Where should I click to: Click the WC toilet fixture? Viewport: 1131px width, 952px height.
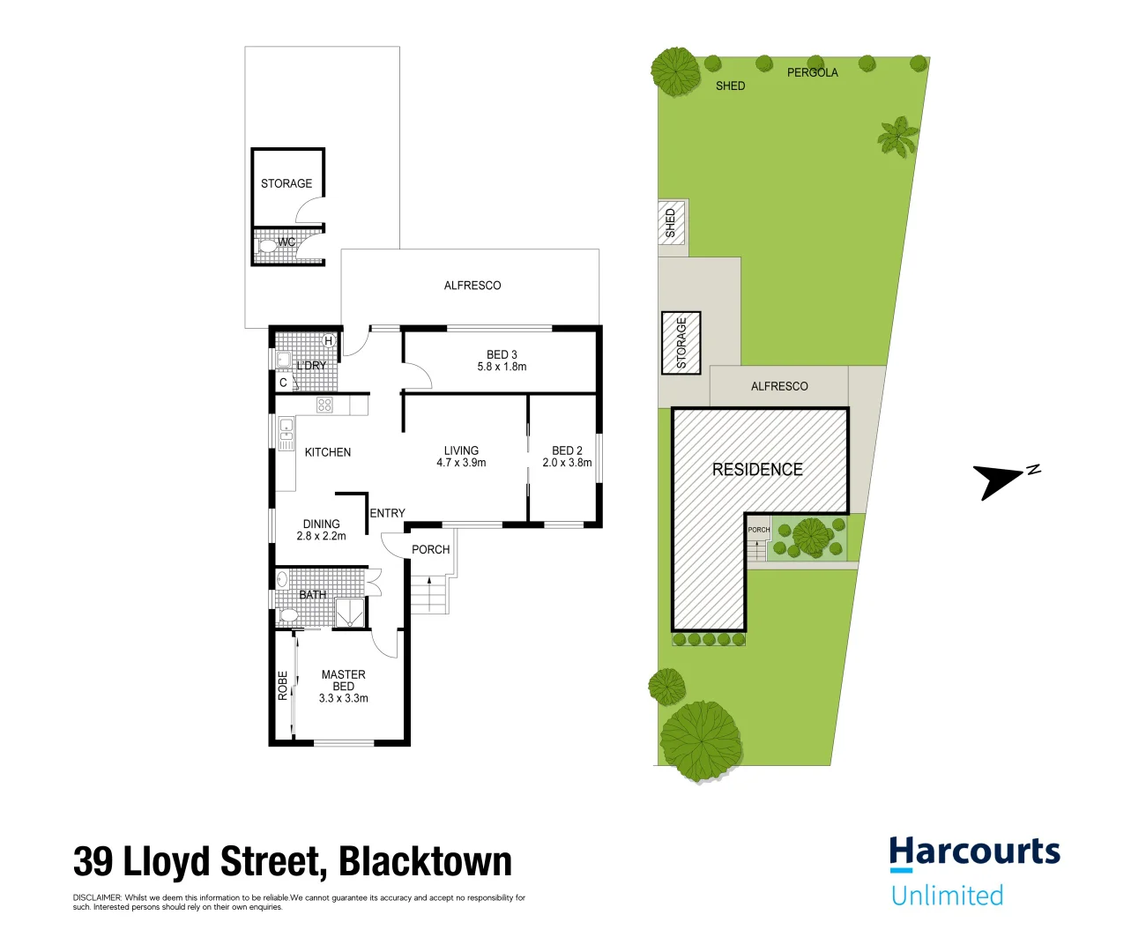[x=266, y=246]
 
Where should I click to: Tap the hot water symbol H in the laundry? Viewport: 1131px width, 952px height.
[x=328, y=341]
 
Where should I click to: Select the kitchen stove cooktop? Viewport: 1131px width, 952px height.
[x=324, y=405]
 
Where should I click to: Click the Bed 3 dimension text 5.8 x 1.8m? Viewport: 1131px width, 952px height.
[x=502, y=367]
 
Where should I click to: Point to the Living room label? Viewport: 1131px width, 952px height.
[x=462, y=450]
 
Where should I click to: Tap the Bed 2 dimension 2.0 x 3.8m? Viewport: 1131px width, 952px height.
[x=567, y=463]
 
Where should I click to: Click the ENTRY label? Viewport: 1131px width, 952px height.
[x=387, y=513]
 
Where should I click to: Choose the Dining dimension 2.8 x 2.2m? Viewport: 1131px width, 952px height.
[x=321, y=536]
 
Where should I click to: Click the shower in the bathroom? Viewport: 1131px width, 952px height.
[x=350, y=612]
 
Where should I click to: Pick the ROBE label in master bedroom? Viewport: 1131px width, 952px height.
[x=283, y=686]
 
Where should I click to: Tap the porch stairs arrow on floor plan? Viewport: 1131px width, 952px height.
[x=429, y=594]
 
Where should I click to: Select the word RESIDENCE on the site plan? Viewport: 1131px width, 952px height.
[x=757, y=469]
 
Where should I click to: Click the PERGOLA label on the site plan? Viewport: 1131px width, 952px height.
[x=813, y=72]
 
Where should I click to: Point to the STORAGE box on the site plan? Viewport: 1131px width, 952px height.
[x=681, y=343]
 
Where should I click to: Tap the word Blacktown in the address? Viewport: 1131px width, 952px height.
[x=425, y=862]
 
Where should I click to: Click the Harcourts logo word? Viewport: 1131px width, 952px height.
[x=975, y=852]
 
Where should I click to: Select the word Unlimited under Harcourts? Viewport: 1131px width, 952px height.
[x=948, y=895]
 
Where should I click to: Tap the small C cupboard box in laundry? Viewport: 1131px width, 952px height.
[x=283, y=383]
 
